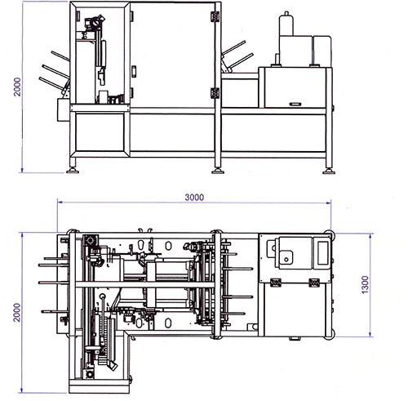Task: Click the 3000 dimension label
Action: [194, 197]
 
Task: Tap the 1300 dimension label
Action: [365, 284]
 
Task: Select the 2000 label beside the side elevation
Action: [17, 87]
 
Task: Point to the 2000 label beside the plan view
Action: [17, 313]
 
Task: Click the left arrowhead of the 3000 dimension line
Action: [60, 202]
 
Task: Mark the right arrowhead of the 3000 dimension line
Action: [328, 203]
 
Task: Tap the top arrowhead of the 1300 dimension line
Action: [370, 236]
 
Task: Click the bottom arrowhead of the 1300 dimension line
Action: [370, 334]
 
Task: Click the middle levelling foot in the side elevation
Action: [218, 170]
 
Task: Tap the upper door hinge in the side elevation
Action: [215, 16]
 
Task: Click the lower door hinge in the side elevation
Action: [215, 93]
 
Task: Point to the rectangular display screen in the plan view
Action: [323, 253]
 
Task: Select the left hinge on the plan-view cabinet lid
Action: [276, 283]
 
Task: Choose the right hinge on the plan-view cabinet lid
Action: [314, 283]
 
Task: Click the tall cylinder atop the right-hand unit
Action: [286, 24]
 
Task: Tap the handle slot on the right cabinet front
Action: [295, 104]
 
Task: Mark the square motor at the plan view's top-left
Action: [91, 241]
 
